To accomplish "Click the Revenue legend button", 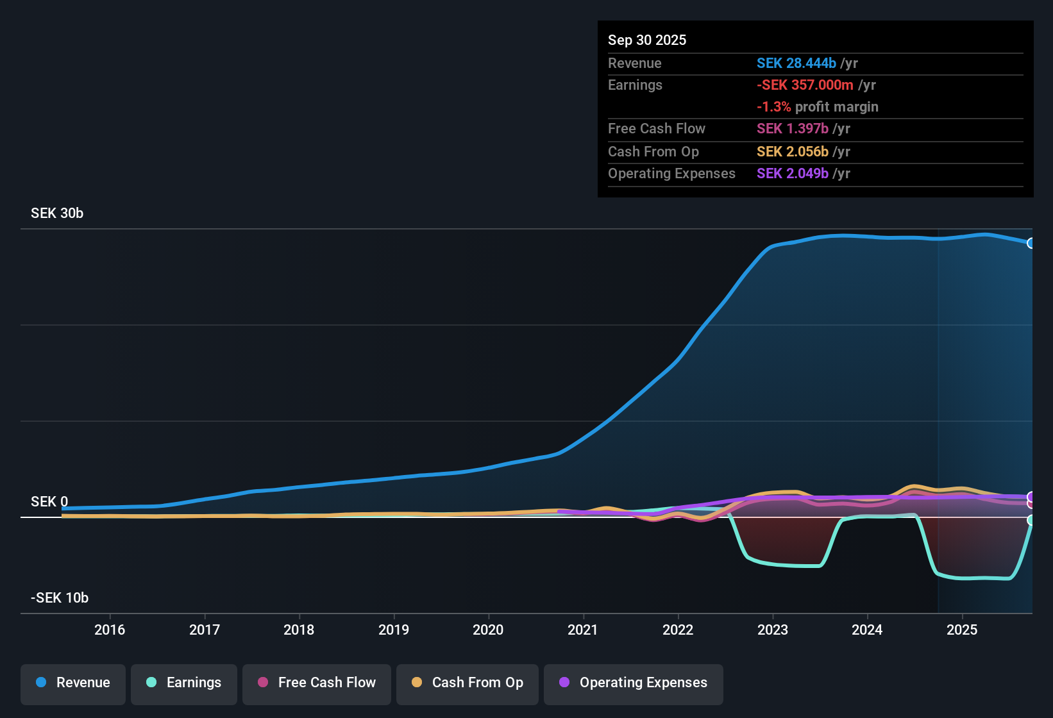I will point(73,683).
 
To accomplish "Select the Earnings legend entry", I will point(184,683).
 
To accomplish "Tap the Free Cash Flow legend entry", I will point(317,683).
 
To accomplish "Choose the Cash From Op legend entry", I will point(468,683).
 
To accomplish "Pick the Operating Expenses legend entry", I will point(634,683).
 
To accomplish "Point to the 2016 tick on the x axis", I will point(110,630).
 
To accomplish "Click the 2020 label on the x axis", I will point(488,630).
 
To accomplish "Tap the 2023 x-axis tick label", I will point(773,630).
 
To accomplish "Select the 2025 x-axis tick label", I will point(962,630).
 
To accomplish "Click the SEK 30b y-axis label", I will point(57,213).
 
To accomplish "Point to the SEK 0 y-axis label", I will point(49,501).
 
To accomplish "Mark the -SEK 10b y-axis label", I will point(60,597).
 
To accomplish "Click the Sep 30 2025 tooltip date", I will point(647,40).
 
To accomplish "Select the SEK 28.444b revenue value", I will point(796,63).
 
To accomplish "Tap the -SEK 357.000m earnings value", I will point(805,85).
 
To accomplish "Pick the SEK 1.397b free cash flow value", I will point(793,128).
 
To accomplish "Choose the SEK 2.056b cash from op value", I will point(793,151).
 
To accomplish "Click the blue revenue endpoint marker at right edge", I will point(1031,243).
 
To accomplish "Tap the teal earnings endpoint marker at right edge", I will point(1031,520).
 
